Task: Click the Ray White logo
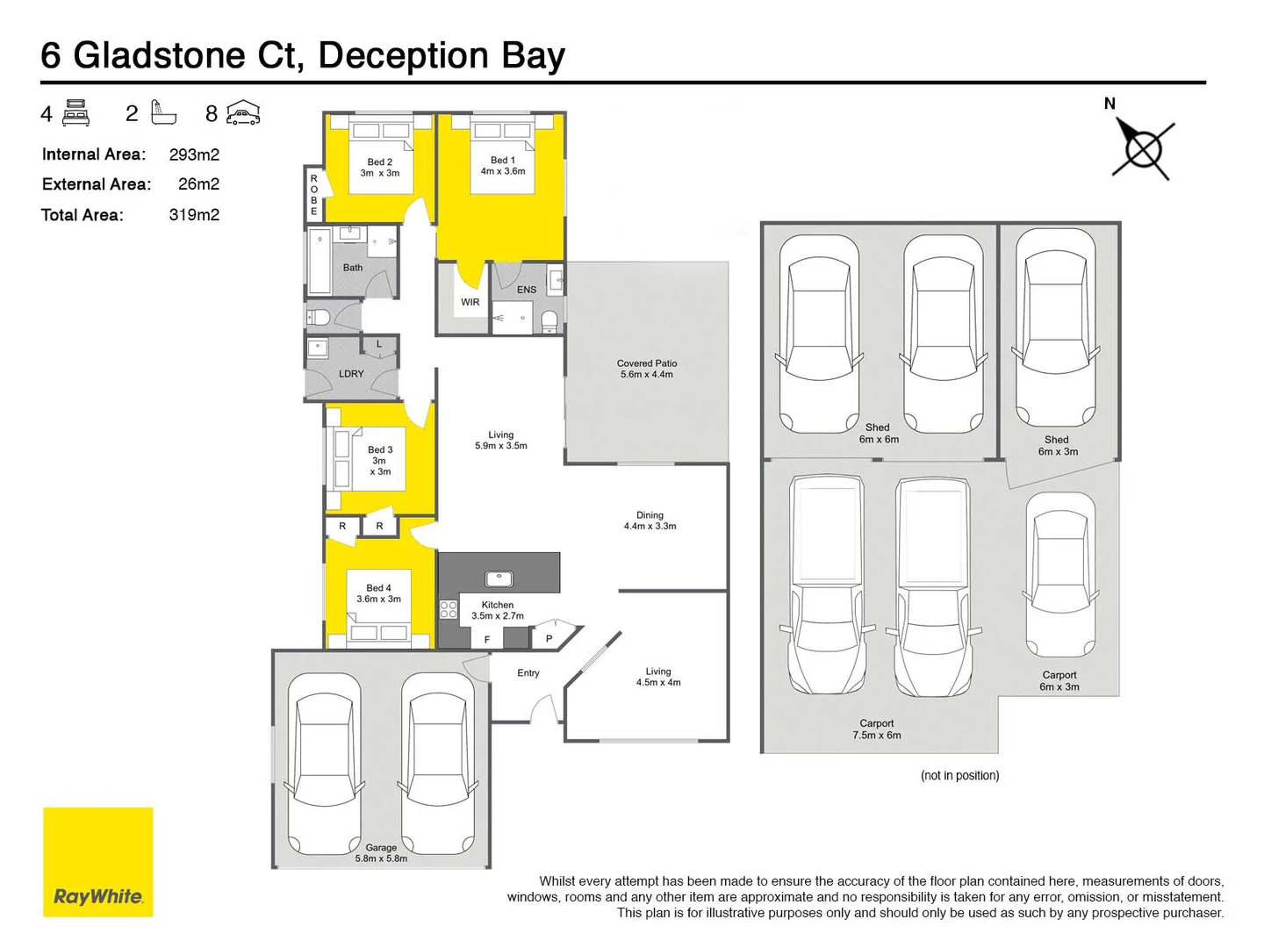pyautogui.click(x=97, y=861)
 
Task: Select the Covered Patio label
pyautogui.click(x=646, y=369)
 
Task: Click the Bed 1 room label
pyautogui.click(x=502, y=166)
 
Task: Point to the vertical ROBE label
pyautogui.click(x=313, y=195)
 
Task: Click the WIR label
pyautogui.click(x=470, y=302)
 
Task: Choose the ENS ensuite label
pyautogui.click(x=527, y=290)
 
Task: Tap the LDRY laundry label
pyautogui.click(x=351, y=374)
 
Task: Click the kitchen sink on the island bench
pyautogui.click(x=499, y=578)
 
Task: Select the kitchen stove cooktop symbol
pyautogui.click(x=449, y=609)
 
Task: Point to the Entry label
pyautogui.click(x=528, y=673)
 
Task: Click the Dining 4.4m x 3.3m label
pyautogui.click(x=650, y=521)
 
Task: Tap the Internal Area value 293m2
pyautogui.click(x=194, y=154)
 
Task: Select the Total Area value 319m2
pyautogui.click(x=194, y=215)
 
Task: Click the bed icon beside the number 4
pyautogui.click(x=76, y=113)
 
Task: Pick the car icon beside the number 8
pyautogui.click(x=243, y=113)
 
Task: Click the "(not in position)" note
pyautogui.click(x=959, y=775)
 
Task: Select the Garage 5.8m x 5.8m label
pyautogui.click(x=381, y=853)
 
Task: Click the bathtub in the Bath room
pyautogui.click(x=320, y=262)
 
